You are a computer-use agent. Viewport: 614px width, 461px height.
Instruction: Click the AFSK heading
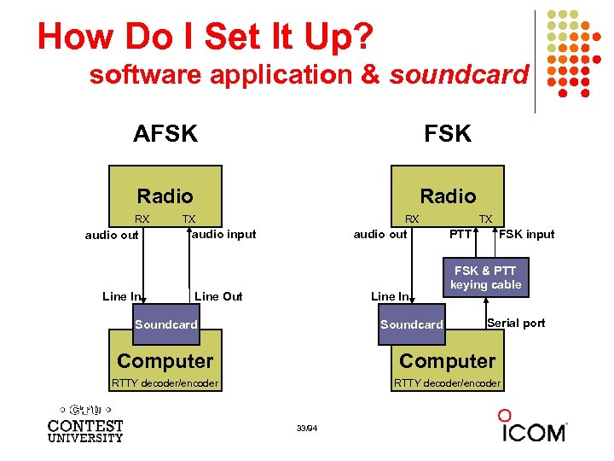point(165,134)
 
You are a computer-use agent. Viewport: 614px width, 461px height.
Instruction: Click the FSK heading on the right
point(448,134)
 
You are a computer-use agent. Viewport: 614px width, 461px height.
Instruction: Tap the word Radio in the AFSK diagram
point(165,196)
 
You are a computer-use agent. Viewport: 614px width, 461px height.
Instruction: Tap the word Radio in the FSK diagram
point(448,196)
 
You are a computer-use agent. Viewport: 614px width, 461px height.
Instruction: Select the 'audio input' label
point(223,234)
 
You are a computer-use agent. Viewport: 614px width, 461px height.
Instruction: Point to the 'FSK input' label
point(526,234)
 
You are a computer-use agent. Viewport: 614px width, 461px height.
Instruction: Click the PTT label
point(461,234)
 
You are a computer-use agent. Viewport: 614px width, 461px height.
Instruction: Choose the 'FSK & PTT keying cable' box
point(485,277)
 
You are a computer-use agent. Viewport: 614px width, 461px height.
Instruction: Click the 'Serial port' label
point(515,323)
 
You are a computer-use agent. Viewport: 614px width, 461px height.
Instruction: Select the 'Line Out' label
point(218,296)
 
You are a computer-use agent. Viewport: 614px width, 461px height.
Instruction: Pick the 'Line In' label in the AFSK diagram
point(121,296)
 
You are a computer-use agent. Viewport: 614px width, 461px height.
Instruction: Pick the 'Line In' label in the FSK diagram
point(390,296)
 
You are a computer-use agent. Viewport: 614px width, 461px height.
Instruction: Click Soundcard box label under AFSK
point(165,324)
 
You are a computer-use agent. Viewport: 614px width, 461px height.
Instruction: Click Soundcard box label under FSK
point(411,324)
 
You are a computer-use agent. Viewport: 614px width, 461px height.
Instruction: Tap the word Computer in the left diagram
point(165,361)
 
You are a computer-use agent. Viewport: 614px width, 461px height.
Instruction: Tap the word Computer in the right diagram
point(447,361)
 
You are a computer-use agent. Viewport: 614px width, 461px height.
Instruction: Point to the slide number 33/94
point(307,427)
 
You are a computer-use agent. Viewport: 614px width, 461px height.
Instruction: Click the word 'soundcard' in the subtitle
point(459,75)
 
